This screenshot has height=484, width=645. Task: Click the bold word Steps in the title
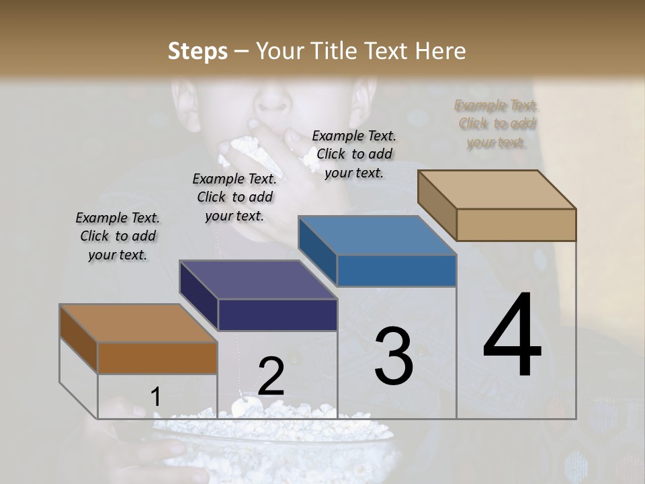click(x=198, y=51)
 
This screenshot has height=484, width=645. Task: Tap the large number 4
click(x=512, y=336)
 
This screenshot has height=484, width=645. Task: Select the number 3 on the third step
click(x=394, y=356)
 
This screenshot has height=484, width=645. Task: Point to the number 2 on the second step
click(x=271, y=376)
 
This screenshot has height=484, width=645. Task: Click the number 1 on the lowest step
click(x=155, y=397)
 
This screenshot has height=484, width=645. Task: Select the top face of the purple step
click(x=259, y=280)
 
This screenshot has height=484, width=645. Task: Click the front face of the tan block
click(x=516, y=225)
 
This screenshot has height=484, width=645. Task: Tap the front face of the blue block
click(x=396, y=270)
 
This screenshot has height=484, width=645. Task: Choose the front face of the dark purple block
click(x=277, y=315)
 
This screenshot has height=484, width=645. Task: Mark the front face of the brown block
click(x=157, y=358)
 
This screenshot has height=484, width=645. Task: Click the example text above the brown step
click(x=118, y=236)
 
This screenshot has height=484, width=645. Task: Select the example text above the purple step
click(x=234, y=197)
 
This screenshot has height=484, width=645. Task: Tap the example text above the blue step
click(x=354, y=154)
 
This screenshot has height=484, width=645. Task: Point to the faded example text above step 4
click(x=497, y=124)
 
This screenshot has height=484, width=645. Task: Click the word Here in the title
click(x=441, y=51)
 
